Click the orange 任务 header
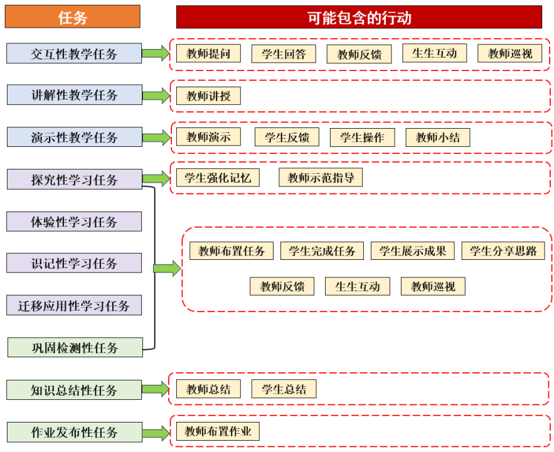[x=72, y=16]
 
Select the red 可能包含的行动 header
[x=359, y=17]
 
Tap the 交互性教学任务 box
[x=74, y=53]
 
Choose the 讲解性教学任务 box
[x=75, y=95]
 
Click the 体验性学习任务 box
[x=74, y=222]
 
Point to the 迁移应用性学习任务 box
[x=74, y=305]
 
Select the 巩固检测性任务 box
[x=75, y=347]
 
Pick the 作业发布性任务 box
[x=75, y=432]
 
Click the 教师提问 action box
[x=208, y=53]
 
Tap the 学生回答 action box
[x=284, y=54]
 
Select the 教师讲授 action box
[x=208, y=96]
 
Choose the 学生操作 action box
[x=362, y=137]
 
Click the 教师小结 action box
[x=438, y=137]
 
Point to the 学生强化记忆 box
[x=218, y=178]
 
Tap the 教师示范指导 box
[x=321, y=178]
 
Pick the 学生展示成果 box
[x=413, y=251]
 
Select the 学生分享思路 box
[x=503, y=251]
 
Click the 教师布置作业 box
[x=218, y=431]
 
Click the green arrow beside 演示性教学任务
[x=156, y=137]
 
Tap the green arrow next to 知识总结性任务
[x=156, y=389]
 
